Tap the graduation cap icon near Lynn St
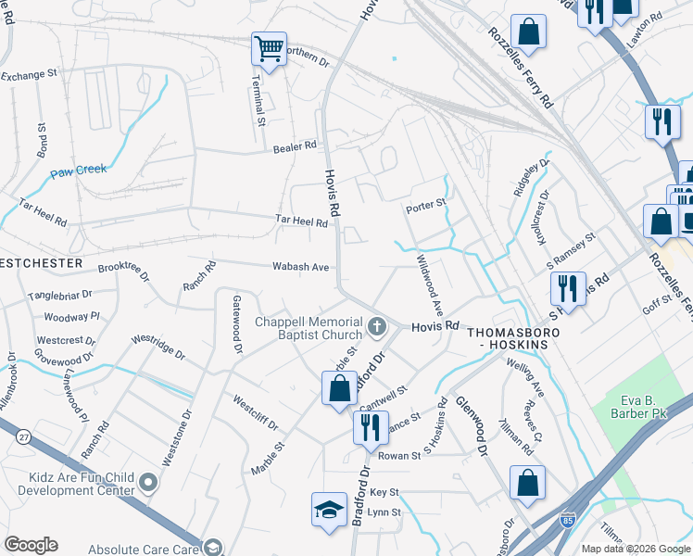coord(329,509)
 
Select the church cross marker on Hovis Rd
coord(376,326)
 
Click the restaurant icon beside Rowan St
coord(370,428)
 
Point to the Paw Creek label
coord(79,170)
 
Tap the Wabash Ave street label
coord(300,267)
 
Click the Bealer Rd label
coord(295,146)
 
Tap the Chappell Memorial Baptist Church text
coord(309,328)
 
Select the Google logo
coord(31,545)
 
